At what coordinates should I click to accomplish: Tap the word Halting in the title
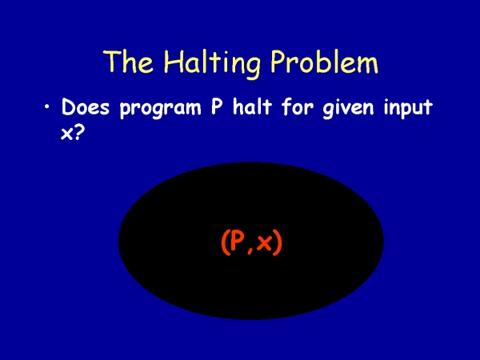pyautogui.click(x=212, y=63)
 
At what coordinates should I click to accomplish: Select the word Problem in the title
pyautogui.click(x=325, y=62)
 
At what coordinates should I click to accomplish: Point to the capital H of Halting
pyautogui.click(x=172, y=62)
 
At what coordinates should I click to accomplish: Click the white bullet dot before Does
pyautogui.click(x=47, y=107)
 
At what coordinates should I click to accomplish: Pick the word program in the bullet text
pyautogui.click(x=161, y=109)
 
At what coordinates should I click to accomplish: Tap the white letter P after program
pyautogui.click(x=217, y=106)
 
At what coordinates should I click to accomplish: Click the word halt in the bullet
pyautogui.click(x=253, y=106)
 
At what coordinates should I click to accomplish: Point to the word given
pyautogui.click(x=348, y=108)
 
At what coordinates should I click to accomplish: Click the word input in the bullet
pyautogui.click(x=408, y=108)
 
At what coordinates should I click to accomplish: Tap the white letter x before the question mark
pyautogui.click(x=67, y=134)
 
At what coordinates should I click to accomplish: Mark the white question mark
pyautogui.click(x=79, y=132)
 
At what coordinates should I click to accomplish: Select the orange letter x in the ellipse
pyautogui.click(x=264, y=244)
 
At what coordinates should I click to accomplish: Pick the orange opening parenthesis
pyautogui.click(x=224, y=242)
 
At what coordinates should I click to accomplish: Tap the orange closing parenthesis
pyautogui.click(x=278, y=242)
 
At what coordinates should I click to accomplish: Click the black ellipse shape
pyautogui.click(x=251, y=291)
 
